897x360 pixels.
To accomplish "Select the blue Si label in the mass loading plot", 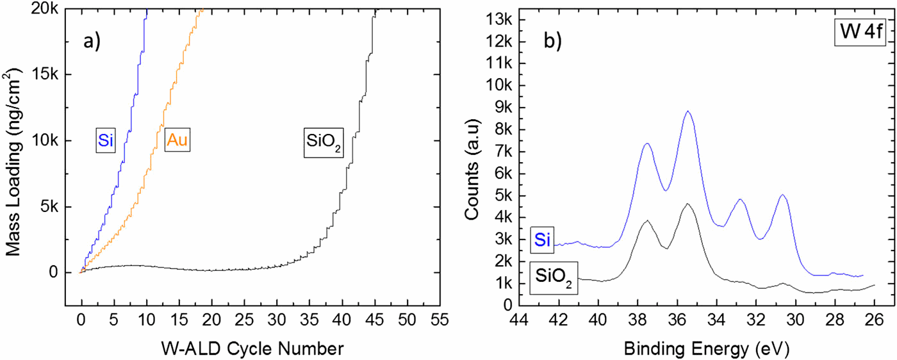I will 106,140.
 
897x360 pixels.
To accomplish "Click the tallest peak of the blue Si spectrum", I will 688,111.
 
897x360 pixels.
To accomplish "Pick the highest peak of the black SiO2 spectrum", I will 688,204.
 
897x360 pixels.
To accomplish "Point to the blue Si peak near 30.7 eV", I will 782,195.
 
